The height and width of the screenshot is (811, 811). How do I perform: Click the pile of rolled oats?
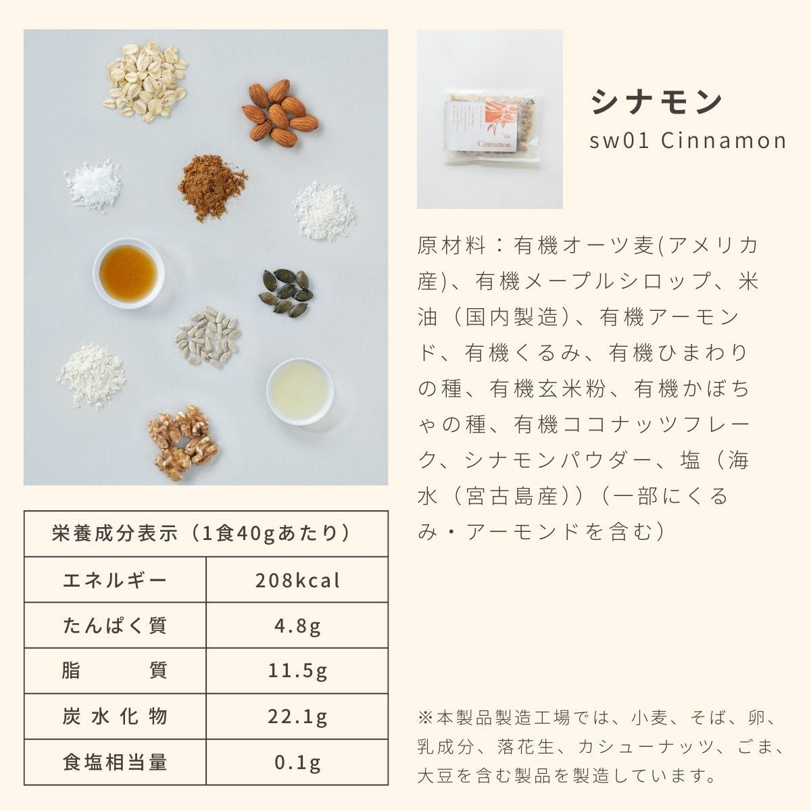tap(145, 82)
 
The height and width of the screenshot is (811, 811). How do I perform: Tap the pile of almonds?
tap(279, 113)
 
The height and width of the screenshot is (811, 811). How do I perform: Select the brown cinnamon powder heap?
tap(212, 187)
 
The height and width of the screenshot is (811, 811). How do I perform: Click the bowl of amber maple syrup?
tap(128, 273)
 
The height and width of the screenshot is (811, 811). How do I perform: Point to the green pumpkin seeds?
tap(286, 293)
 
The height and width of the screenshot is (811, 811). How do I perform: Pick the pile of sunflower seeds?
tap(207, 337)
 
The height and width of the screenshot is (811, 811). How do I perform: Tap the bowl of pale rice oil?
tap(299, 391)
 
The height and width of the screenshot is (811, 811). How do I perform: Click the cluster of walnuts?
tap(183, 442)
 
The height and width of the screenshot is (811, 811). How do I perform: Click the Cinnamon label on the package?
tap(494, 144)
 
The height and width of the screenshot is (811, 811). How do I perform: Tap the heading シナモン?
tap(656, 102)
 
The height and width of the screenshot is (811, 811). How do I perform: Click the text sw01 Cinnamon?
tap(688, 141)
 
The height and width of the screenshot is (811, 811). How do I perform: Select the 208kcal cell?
tap(297, 581)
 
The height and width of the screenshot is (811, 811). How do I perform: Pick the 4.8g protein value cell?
tap(297, 626)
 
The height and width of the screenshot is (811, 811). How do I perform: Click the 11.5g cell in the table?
tap(297, 671)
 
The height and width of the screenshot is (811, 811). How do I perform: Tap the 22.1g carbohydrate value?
tap(297, 717)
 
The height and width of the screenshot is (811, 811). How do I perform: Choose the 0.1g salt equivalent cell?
tap(297, 762)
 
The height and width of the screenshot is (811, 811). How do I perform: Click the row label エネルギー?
tap(114, 581)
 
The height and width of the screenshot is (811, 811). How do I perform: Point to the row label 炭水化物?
tap(114, 717)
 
